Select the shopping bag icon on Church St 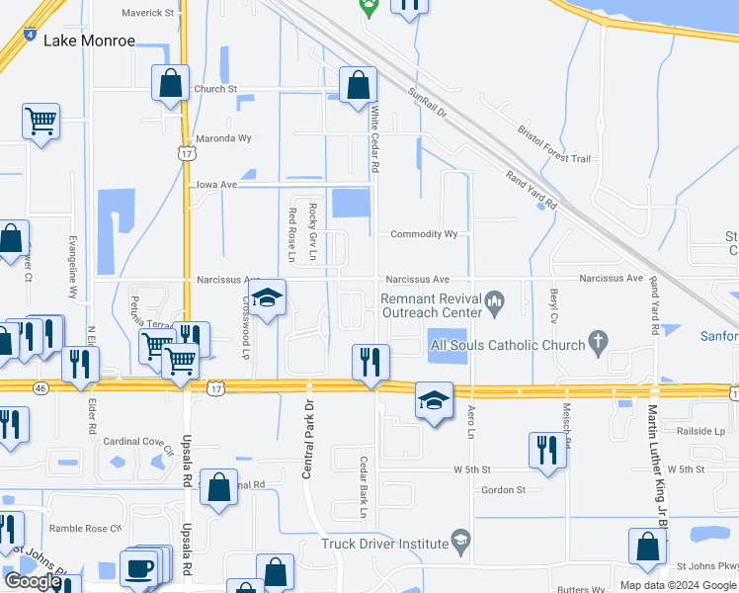[x=170, y=84]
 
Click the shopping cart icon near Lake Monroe [x=41, y=122]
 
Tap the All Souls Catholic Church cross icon [x=596, y=342]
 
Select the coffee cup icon [x=138, y=568]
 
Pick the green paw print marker [x=369, y=8]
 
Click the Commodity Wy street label [x=424, y=234]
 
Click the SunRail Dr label [x=428, y=102]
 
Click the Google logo [x=32, y=581]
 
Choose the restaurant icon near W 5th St [x=547, y=450]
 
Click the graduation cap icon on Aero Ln [x=433, y=400]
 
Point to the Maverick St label [x=147, y=13]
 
